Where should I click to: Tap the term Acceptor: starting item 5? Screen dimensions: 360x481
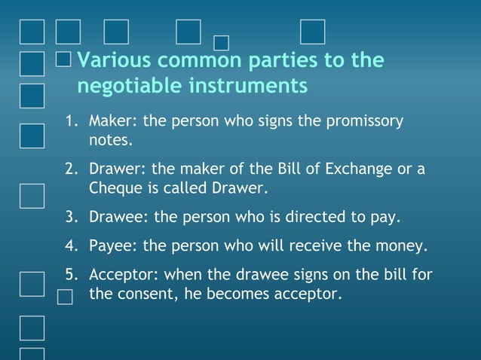tap(122, 275)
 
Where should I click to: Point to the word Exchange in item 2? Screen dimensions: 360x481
tap(354, 169)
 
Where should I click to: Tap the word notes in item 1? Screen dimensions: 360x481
tap(110, 140)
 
